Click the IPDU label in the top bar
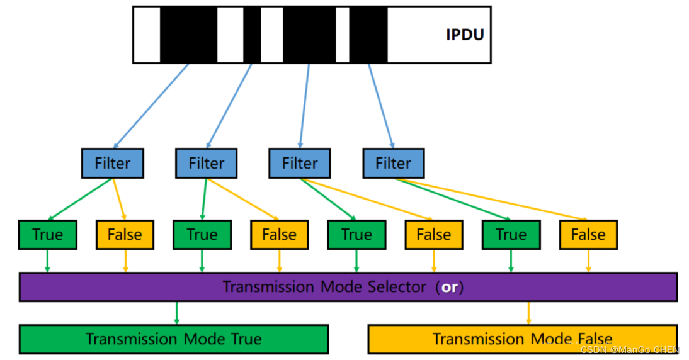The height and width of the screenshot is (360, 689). pyautogui.click(x=465, y=34)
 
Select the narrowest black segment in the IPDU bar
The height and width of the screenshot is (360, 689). pyautogui.click(x=252, y=35)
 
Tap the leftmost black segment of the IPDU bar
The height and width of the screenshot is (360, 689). pyautogui.click(x=188, y=35)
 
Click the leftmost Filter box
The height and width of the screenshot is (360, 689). pyautogui.click(x=113, y=163)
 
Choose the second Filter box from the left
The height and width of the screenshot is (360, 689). pyautogui.click(x=206, y=163)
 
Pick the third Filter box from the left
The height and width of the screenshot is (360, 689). pyautogui.click(x=299, y=163)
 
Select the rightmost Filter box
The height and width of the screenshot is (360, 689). pyautogui.click(x=393, y=163)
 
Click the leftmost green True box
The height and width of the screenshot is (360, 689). pyautogui.click(x=47, y=235)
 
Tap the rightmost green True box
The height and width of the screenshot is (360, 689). pyautogui.click(x=511, y=235)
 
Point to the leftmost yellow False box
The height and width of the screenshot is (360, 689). pyautogui.click(x=124, y=235)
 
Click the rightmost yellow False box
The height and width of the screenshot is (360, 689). pyautogui.click(x=588, y=235)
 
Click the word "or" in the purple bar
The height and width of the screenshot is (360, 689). pyautogui.click(x=449, y=287)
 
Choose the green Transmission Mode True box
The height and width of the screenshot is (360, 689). pyautogui.click(x=173, y=339)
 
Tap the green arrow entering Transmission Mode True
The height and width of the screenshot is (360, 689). pyautogui.click(x=176, y=313)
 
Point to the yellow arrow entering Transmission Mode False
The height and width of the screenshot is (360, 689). pyautogui.click(x=528, y=313)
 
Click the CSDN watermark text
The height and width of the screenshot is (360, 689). pyautogui.click(x=630, y=350)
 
